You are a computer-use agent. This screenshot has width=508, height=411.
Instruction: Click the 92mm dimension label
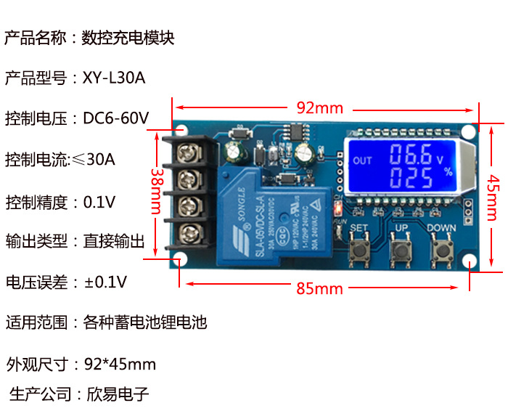coord(319,108)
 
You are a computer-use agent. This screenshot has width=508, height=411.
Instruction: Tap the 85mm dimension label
coord(319,288)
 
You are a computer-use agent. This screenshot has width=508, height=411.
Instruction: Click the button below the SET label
coord(359,251)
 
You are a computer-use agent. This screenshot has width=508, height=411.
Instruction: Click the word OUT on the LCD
coord(361,160)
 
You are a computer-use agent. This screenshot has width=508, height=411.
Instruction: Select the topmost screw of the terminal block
coord(190,152)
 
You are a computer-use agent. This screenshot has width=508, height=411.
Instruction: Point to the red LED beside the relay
coord(337,210)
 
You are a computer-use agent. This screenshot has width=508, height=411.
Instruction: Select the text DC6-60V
coord(116,118)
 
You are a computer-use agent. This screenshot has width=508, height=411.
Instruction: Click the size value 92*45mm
coord(120,364)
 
